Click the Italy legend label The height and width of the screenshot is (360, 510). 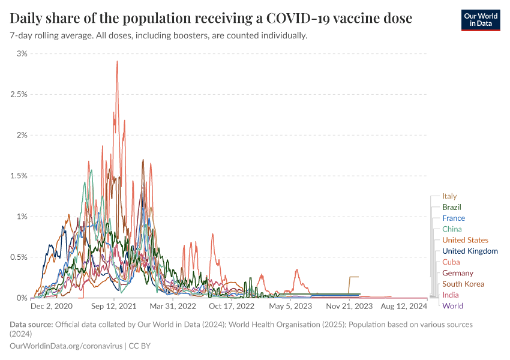pos(449,196)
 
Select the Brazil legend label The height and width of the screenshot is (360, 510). pos(451,207)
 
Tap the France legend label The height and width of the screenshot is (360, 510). pos(453,218)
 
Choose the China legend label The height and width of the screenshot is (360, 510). pos(452,229)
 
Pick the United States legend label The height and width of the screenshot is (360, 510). pos(465,240)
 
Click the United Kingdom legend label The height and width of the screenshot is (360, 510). pos(470,251)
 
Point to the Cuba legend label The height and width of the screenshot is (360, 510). pos(451,262)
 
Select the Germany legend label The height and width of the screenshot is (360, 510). pos(457,273)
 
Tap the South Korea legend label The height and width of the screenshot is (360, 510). pos(463,284)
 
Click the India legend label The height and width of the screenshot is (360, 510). pos(451,295)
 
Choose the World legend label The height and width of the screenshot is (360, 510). pos(452,306)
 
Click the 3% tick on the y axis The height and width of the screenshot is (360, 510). pos(22,53)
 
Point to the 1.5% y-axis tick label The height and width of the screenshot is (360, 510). pos(19,176)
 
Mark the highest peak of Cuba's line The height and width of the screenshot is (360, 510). pos(117,61)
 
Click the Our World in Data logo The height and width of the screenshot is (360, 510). pos(480,20)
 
